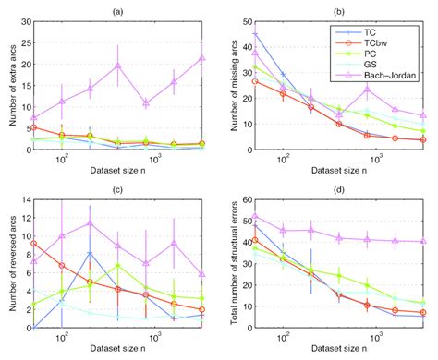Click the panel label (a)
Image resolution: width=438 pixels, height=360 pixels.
click(x=119, y=10)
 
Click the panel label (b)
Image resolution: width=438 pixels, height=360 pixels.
click(x=337, y=10)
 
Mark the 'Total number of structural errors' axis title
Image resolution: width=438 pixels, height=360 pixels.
click(x=238, y=265)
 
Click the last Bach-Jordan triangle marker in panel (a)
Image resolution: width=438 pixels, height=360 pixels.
click(x=201, y=57)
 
